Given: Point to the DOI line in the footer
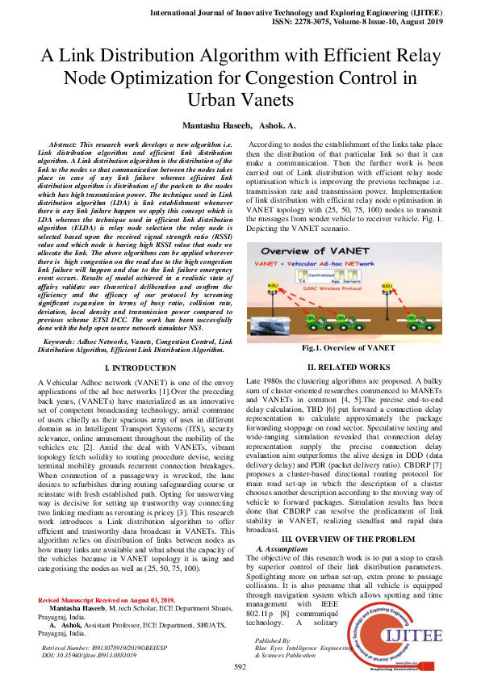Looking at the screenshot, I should tap(89, 655).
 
